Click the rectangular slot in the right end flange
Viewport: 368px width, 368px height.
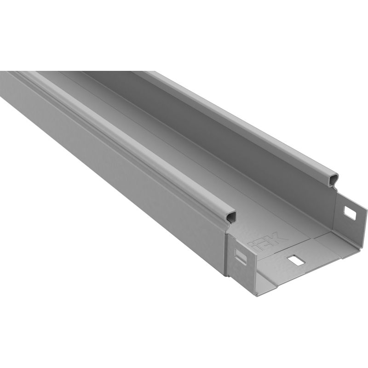[x=350, y=213]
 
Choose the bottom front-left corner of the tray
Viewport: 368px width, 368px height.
[x=257, y=293]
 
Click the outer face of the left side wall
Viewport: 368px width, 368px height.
[x=115, y=175]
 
